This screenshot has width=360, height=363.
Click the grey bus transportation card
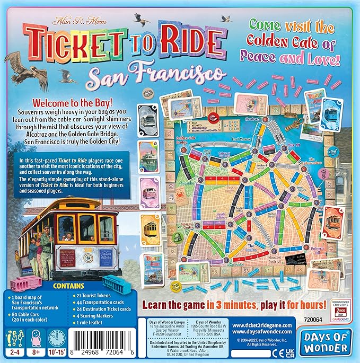pyautogui.click(x=147, y=118)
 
